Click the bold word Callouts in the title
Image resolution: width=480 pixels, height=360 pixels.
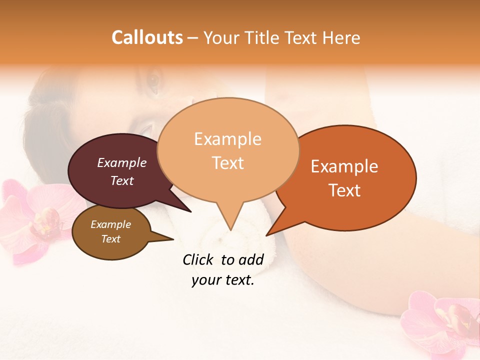tap(147, 37)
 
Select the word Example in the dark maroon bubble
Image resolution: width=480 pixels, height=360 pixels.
tap(122, 162)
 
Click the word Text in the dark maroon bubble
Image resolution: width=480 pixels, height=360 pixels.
tap(122, 180)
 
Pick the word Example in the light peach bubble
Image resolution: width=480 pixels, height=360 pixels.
tap(227, 139)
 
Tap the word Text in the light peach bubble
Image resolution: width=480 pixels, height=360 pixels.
tap(227, 162)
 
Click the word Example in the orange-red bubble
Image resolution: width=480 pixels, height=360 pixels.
tap(344, 166)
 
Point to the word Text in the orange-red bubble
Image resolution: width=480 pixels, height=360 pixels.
tap(344, 190)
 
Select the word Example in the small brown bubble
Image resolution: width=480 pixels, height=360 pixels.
tap(111, 224)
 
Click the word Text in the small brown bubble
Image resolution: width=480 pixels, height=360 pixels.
tap(111, 239)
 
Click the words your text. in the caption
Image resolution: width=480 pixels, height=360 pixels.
tap(223, 280)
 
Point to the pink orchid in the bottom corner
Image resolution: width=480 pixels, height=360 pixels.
tap(445, 320)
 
